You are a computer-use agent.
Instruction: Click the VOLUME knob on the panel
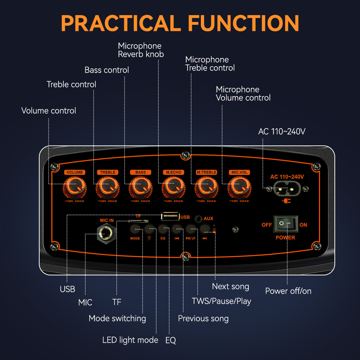tap(75, 186)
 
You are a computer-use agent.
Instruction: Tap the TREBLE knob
tap(107, 186)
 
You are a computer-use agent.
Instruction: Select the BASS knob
tap(140, 186)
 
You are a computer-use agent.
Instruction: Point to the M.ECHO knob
tap(174, 186)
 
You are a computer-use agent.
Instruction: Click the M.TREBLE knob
tap(206, 186)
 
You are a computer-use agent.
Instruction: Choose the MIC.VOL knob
tap(239, 186)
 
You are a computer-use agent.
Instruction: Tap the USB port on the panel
tap(170, 216)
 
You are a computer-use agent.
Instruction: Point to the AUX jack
tap(198, 219)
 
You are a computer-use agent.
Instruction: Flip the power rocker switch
tap(286, 225)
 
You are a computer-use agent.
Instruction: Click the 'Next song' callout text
tap(230, 287)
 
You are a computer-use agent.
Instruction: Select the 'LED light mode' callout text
tap(130, 340)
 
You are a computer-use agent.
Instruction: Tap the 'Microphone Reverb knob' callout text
tap(141, 50)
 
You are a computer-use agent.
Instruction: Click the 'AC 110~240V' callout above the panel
tap(282, 131)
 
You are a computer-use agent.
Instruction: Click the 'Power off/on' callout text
tap(288, 291)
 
